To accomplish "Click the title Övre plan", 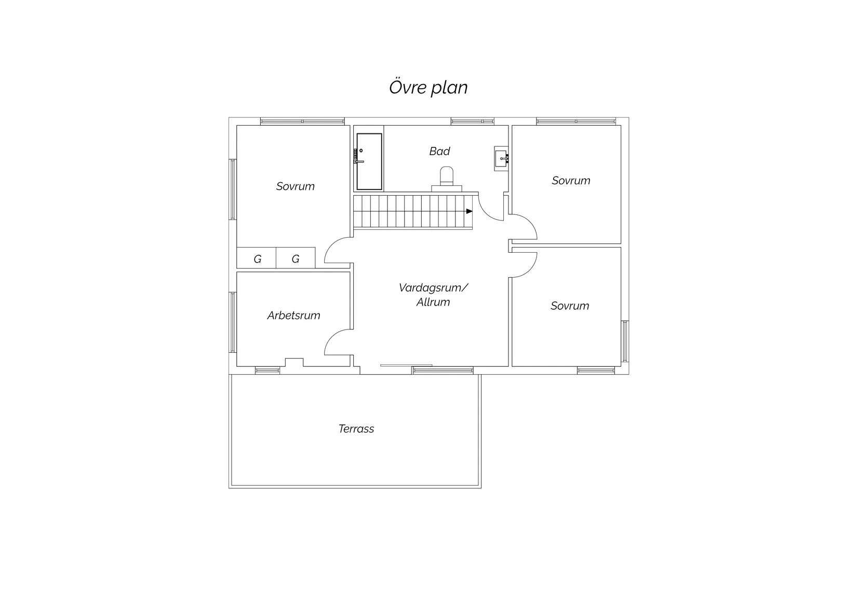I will coord(428,87).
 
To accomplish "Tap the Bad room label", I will coord(439,151).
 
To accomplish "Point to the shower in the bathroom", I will coord(369,161).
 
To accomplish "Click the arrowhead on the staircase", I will coord(469,211).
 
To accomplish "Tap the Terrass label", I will coord(356,429).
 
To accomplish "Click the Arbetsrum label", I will coord(293,315).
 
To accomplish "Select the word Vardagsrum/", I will coord(433,287).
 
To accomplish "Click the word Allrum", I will coord(433,302).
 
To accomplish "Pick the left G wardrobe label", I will coord(257,259).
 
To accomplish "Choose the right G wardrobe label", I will coord(296,259).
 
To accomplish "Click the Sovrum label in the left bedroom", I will coord(296,186).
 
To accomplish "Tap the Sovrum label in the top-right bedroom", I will coord(571,181).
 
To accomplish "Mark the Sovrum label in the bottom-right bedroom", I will coord(570,306).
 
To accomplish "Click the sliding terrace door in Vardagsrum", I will coord(406,365).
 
